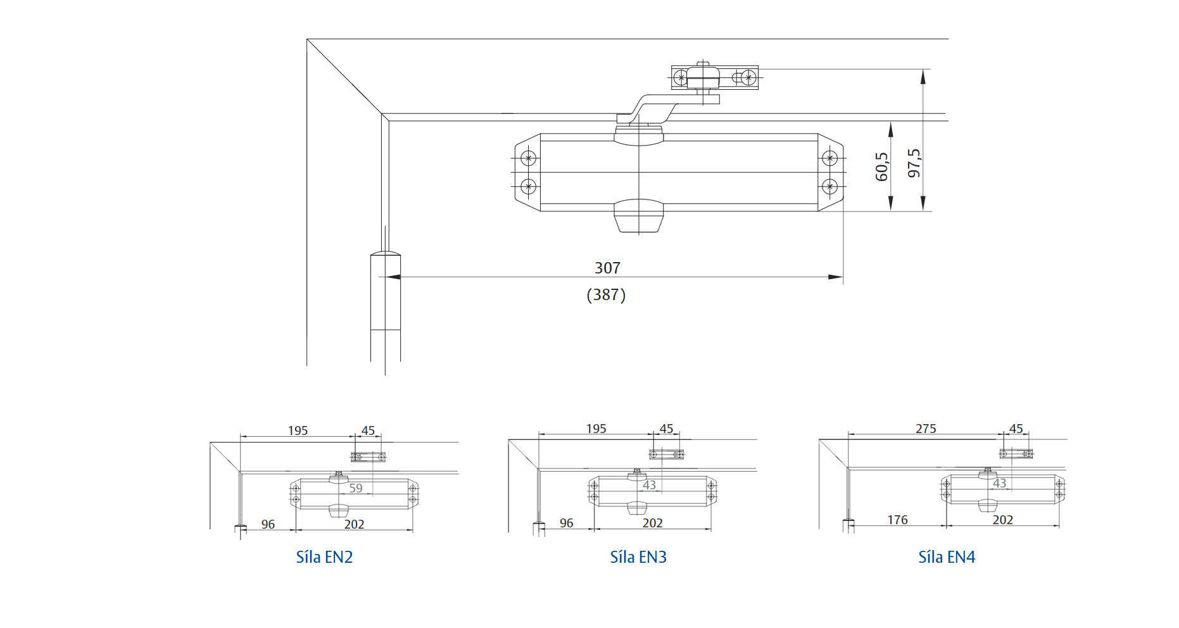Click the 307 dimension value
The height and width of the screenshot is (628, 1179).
(607, 268)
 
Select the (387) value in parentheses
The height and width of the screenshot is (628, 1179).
(606, 294)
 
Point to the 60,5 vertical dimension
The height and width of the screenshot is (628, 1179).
(881, 166)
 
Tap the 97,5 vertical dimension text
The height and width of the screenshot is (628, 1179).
(914, 163)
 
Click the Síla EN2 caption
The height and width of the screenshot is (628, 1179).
(324, 557)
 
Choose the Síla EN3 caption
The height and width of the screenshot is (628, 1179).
(638, 557)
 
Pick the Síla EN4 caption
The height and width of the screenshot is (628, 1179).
(947, 557)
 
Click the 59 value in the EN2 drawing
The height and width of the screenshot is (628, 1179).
(356, 488)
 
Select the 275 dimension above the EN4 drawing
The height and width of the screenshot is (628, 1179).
(926, 429)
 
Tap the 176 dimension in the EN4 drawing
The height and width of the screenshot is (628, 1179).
(897, 520)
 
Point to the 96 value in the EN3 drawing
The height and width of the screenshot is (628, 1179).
(566, 523)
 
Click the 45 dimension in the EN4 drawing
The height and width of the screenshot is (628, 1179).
(1016, 429)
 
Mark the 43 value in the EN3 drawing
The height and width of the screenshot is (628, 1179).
(650, 485)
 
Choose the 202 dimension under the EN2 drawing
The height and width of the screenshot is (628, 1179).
(354, 524)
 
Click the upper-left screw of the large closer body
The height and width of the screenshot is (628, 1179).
(528, 158)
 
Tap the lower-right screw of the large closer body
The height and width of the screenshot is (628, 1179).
(829, 187)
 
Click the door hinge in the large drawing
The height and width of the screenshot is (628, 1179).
(385, 291)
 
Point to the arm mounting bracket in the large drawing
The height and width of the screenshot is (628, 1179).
(714, 78)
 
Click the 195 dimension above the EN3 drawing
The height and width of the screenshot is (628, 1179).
(596, 429)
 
